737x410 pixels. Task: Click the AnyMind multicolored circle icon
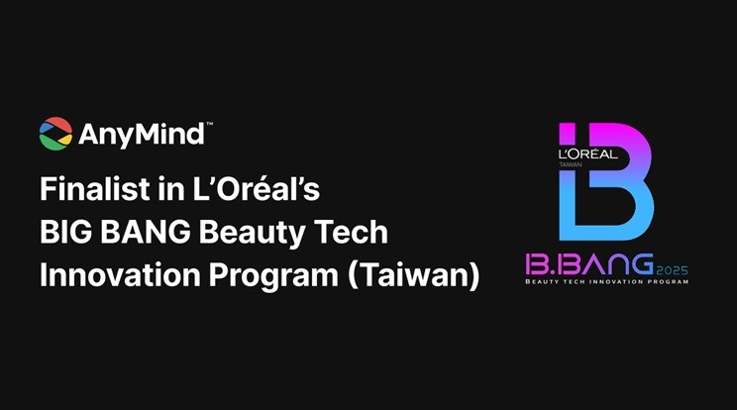(x=55, y=134)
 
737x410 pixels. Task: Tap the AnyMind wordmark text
(x=142, y=135)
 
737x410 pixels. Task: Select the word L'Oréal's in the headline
(x=257, y=189)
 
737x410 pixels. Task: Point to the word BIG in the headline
(x=65, y=232)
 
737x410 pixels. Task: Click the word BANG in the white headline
(x=147, y=232)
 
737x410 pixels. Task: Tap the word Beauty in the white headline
(x=253, y=234)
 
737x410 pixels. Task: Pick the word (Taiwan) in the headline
(x=414, y=276)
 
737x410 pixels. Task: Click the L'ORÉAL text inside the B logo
(x=588, y=154)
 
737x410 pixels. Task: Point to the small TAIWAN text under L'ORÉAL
(x=571, y=164)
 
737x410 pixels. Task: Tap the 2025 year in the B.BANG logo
(x=672, y=271)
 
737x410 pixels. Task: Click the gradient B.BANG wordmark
(x=589, y=264)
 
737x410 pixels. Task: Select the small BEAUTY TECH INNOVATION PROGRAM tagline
(x=607, y=282)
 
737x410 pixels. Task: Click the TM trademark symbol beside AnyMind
(x=210, y=125)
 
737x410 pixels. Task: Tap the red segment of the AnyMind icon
(x=56, y=123)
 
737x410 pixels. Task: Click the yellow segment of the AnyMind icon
(x=65, y=139)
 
